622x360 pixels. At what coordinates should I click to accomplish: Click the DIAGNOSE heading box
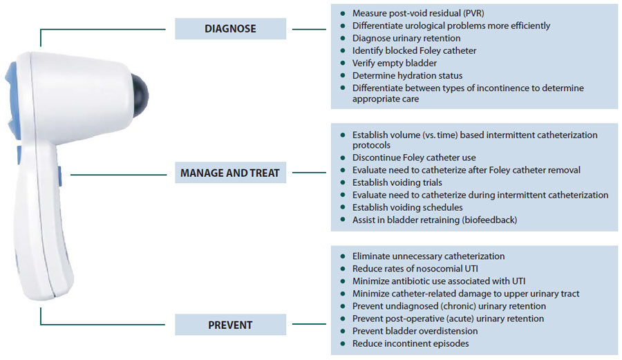(x=230, y=29)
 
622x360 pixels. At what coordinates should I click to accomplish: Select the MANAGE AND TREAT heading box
(x=230, y=173)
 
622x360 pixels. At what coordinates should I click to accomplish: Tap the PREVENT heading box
(x=230, y=325)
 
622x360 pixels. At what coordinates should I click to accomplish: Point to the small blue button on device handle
(x=61, y=173)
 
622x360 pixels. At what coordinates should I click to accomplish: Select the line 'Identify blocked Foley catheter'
(x=414, y=50)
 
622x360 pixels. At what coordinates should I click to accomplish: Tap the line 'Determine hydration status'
(x=407, y=75)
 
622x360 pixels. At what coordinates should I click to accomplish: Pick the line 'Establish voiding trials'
(x=397, y=182)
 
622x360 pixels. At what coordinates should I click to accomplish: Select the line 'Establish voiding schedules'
(x=407, y=207)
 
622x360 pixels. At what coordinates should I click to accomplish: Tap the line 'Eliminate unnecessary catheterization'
(x=428, y=256)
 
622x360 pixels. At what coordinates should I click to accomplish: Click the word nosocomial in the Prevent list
(x=431, y=269)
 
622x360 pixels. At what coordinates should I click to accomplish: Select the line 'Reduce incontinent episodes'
(x=410, y=343)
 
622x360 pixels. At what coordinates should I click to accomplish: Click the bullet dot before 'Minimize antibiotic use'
(x=342, y=281)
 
